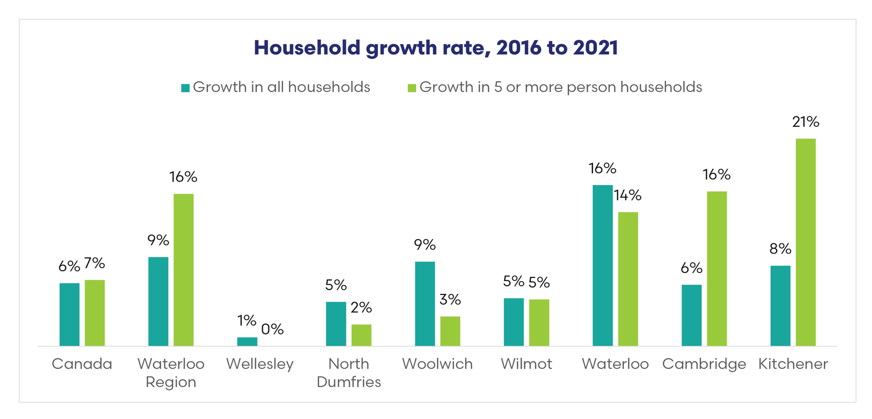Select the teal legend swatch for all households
pyautogui.click(x=185, y=88)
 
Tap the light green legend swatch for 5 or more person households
pyautogui.click(x=412, y=88)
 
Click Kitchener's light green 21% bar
pyautogui.click(x=806, y=242)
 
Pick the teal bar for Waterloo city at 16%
pyautogui.click(x=602, y=265)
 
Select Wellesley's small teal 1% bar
pyautogui.click(x=247, y=342)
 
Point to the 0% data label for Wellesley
pyautogui.click(x=272, y=329)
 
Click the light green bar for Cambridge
pyautogui.click(x=717, y=268)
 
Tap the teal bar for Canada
pyautogui.click(x=70, y=314)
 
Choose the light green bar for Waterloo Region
pyautogui.click(x=184, y=269)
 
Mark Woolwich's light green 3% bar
pyautogui.click(x=450, y=331)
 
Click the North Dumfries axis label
pyautogui.click(x=349, y=372)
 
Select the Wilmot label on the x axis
pyautogui.click(x=526, y=364)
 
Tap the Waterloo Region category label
pyautogui.click(x=171, y=372)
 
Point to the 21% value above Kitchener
pyautogui.click(x=806, y=122)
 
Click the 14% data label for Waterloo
pyautogui.click(x=628, y=196)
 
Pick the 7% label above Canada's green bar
pyautogui.click(x=95, y=264)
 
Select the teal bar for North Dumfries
pyautogui.click(x=336, y=324)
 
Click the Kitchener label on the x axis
pyautogui.click(x=793, y=364)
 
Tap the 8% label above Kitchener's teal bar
pyautogui.click(x=780, y=249)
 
